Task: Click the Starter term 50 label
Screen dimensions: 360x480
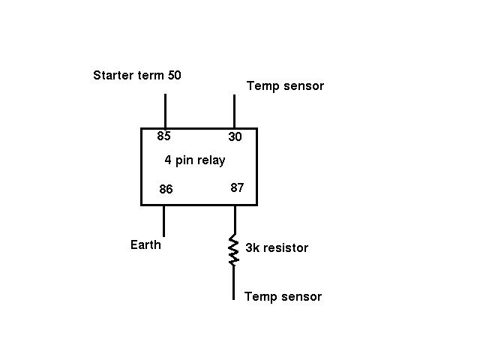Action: tap(136, 75)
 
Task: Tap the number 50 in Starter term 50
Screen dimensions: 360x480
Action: tap(174, 75)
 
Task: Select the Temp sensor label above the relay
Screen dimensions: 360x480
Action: tap(285, 86)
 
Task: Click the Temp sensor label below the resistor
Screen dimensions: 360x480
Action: tap(283, 297)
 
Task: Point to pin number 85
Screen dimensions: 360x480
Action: tap(163, 136)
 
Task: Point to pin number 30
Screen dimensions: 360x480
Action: tap(235, 137)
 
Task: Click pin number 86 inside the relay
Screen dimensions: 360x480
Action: tap(166, 190)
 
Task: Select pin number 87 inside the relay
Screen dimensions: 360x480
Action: tap(237, 187)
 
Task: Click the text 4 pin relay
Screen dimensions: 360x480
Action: tap(195, 160)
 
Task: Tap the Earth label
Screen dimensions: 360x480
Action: tap(145, 244)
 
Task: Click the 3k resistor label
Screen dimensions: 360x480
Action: tap(277, 247)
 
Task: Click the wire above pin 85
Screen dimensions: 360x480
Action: tap(164, 110)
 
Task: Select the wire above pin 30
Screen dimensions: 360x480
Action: tap(234, 111)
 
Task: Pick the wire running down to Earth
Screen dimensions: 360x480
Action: tap(163, 220)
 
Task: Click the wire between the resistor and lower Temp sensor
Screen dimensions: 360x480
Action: tap(233, 283)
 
